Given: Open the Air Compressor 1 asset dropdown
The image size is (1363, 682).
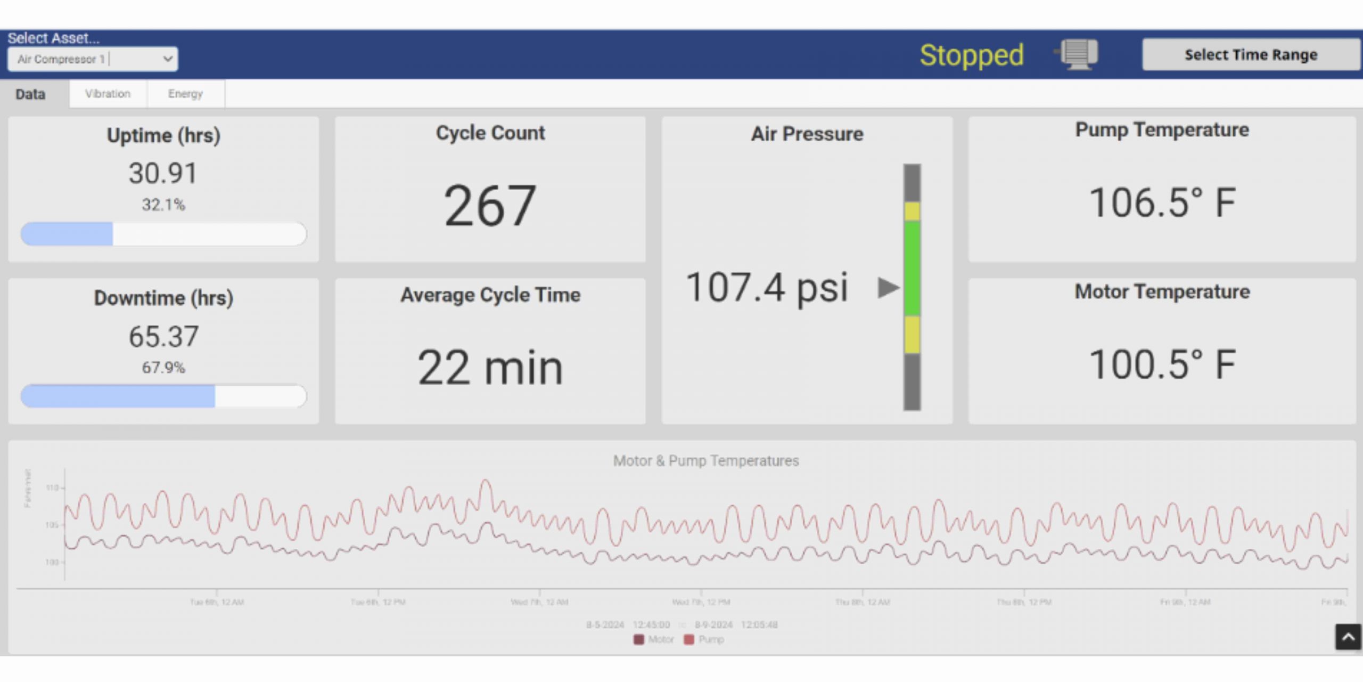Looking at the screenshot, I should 93,59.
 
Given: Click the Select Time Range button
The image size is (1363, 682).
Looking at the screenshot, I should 1250,54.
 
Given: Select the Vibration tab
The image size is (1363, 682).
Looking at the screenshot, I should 108,94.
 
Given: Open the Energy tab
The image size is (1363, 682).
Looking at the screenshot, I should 185,94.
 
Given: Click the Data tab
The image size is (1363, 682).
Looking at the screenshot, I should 30,94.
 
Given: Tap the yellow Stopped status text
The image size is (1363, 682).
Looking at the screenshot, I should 971,55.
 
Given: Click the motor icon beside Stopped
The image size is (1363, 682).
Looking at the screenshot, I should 1078,54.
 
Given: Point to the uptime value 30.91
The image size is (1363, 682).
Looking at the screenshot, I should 163,173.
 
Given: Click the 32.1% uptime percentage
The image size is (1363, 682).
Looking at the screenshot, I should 163,205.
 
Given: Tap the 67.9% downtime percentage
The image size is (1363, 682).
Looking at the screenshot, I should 163,367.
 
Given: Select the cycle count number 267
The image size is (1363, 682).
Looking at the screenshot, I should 490,206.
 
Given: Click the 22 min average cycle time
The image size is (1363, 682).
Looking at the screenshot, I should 490,367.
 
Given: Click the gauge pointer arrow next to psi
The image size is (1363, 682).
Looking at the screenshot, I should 888,288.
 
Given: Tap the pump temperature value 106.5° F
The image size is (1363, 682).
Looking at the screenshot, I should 1162,203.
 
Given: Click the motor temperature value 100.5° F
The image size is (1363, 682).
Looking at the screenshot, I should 1162,364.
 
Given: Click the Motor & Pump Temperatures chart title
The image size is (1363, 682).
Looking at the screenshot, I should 705,460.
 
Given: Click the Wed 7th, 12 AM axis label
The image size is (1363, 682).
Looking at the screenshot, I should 539,602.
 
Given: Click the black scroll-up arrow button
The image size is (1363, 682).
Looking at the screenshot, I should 1348,637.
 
